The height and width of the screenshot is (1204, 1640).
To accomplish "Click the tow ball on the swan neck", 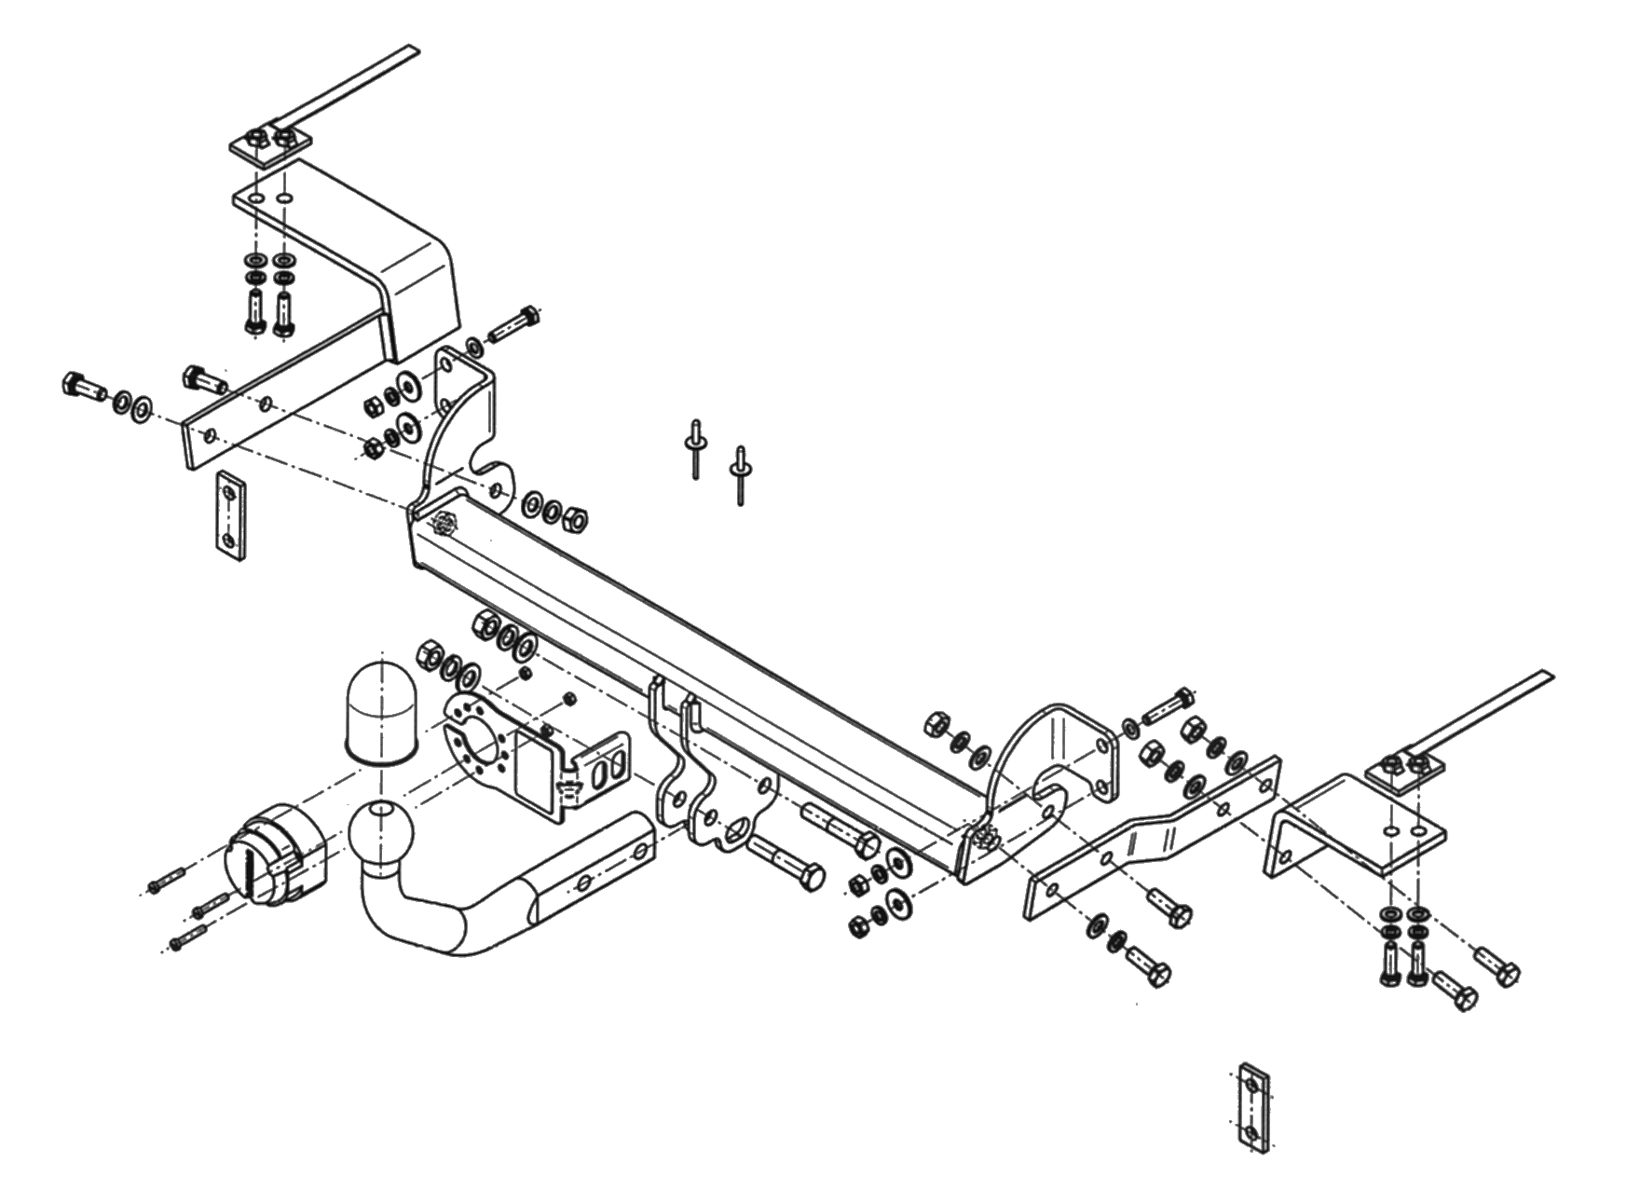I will (x=381, y=828).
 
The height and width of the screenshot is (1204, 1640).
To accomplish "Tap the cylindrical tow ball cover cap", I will (x=377, y=713).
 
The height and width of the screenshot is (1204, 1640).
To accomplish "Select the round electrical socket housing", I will (x=275, y=855).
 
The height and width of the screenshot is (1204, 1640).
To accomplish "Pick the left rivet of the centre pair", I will (x=695, y=449).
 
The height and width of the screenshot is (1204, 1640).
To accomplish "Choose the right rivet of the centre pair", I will (x=740, y=475).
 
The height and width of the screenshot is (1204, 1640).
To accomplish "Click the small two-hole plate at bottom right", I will (x=1255, y=1107).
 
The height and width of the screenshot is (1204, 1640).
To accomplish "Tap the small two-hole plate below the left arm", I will (x=231, y=514).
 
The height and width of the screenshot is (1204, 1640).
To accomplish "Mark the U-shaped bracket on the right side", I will (x=1351, y=820).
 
